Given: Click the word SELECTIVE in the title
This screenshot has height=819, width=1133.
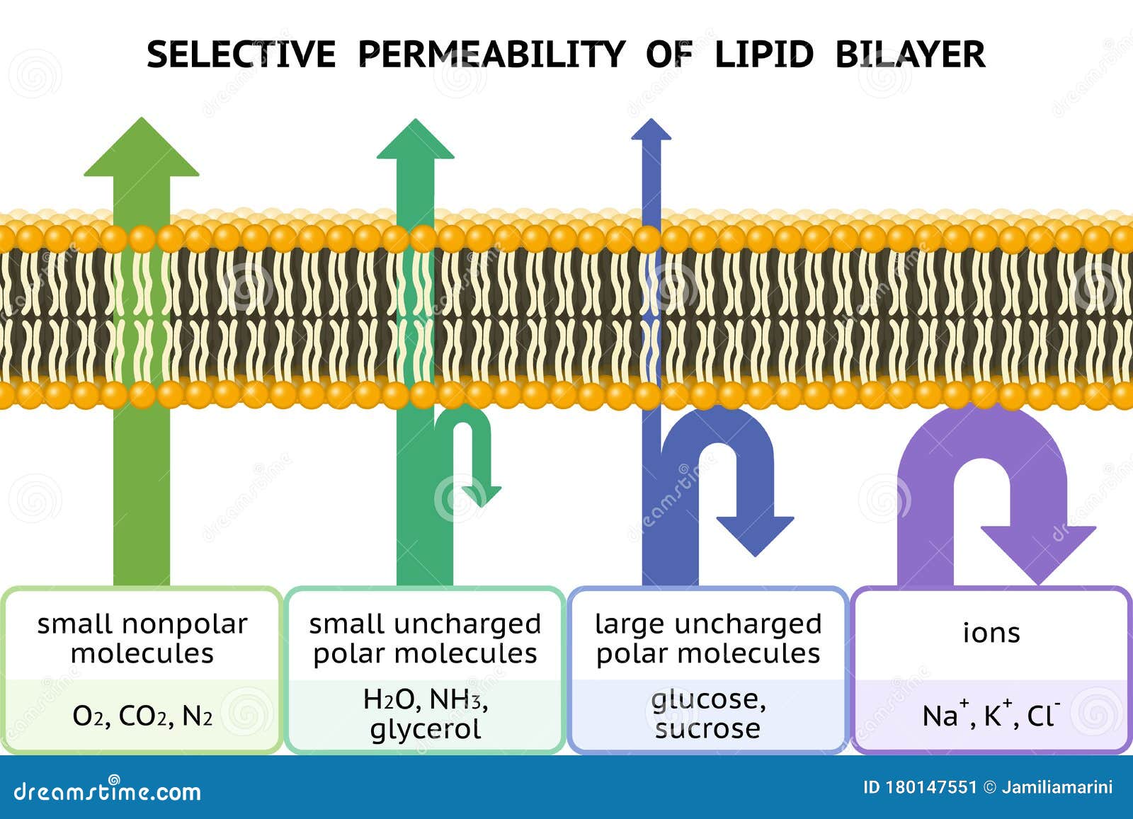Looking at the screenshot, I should [241, 55].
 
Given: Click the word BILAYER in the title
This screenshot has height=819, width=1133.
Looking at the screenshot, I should [910, 55].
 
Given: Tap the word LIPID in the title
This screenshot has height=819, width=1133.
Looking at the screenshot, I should [763, 55].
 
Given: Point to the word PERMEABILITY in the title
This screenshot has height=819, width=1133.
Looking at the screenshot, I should [491, 55].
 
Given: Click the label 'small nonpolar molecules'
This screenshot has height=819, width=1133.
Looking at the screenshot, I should [142, 638].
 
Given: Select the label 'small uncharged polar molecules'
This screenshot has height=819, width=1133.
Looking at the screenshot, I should [425, 638].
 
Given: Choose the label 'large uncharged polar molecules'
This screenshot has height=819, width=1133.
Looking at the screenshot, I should [708, 638].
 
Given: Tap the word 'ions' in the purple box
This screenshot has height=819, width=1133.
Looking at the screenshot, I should [991, 632].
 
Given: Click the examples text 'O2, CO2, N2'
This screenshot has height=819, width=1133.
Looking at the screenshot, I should [142, 716].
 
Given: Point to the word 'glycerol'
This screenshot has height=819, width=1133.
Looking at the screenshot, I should [425, 729].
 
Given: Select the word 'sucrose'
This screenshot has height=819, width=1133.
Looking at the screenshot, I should [708, 728].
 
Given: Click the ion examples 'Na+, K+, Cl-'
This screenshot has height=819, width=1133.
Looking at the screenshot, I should [991, 715].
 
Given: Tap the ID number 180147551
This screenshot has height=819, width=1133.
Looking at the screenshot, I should [931, 787].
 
